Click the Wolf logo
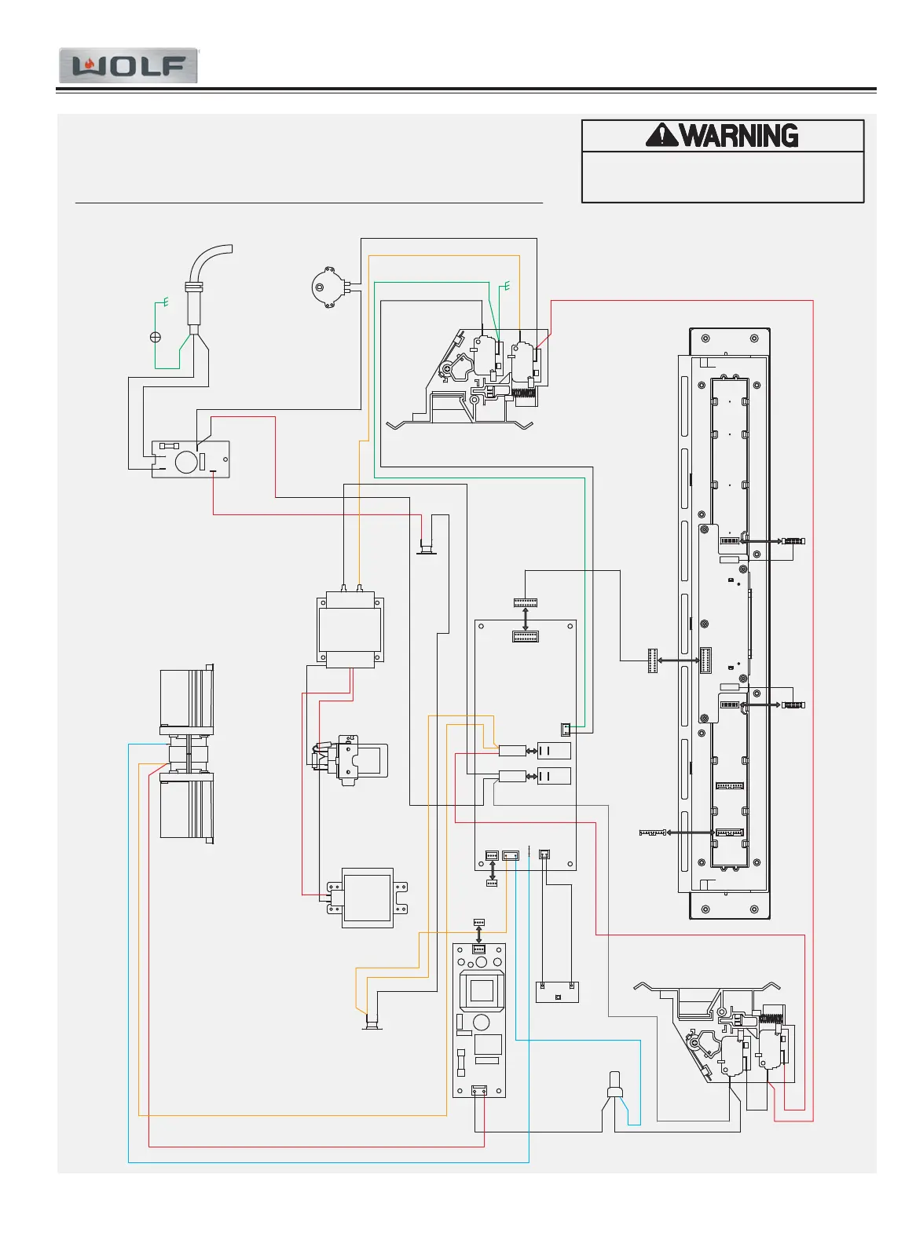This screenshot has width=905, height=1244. pos(128,67)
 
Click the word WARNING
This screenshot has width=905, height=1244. pos(738,136)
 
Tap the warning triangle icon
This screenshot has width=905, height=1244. pos(661,136)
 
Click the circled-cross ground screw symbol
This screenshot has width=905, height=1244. pos(156,337)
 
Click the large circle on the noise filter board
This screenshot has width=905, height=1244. pos(186,461)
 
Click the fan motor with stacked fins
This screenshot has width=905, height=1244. pos(187,754)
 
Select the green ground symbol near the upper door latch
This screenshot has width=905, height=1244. pos(506,286)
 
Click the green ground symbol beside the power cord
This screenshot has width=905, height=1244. pos(164,302)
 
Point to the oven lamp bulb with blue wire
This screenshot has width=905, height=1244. pos(614,1084)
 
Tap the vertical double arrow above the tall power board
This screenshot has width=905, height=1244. pos(479,935)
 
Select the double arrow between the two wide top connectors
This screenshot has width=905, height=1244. pos(525,618)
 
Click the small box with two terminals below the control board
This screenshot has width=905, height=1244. pos(557,991)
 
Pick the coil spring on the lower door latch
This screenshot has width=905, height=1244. pos(771,1019)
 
